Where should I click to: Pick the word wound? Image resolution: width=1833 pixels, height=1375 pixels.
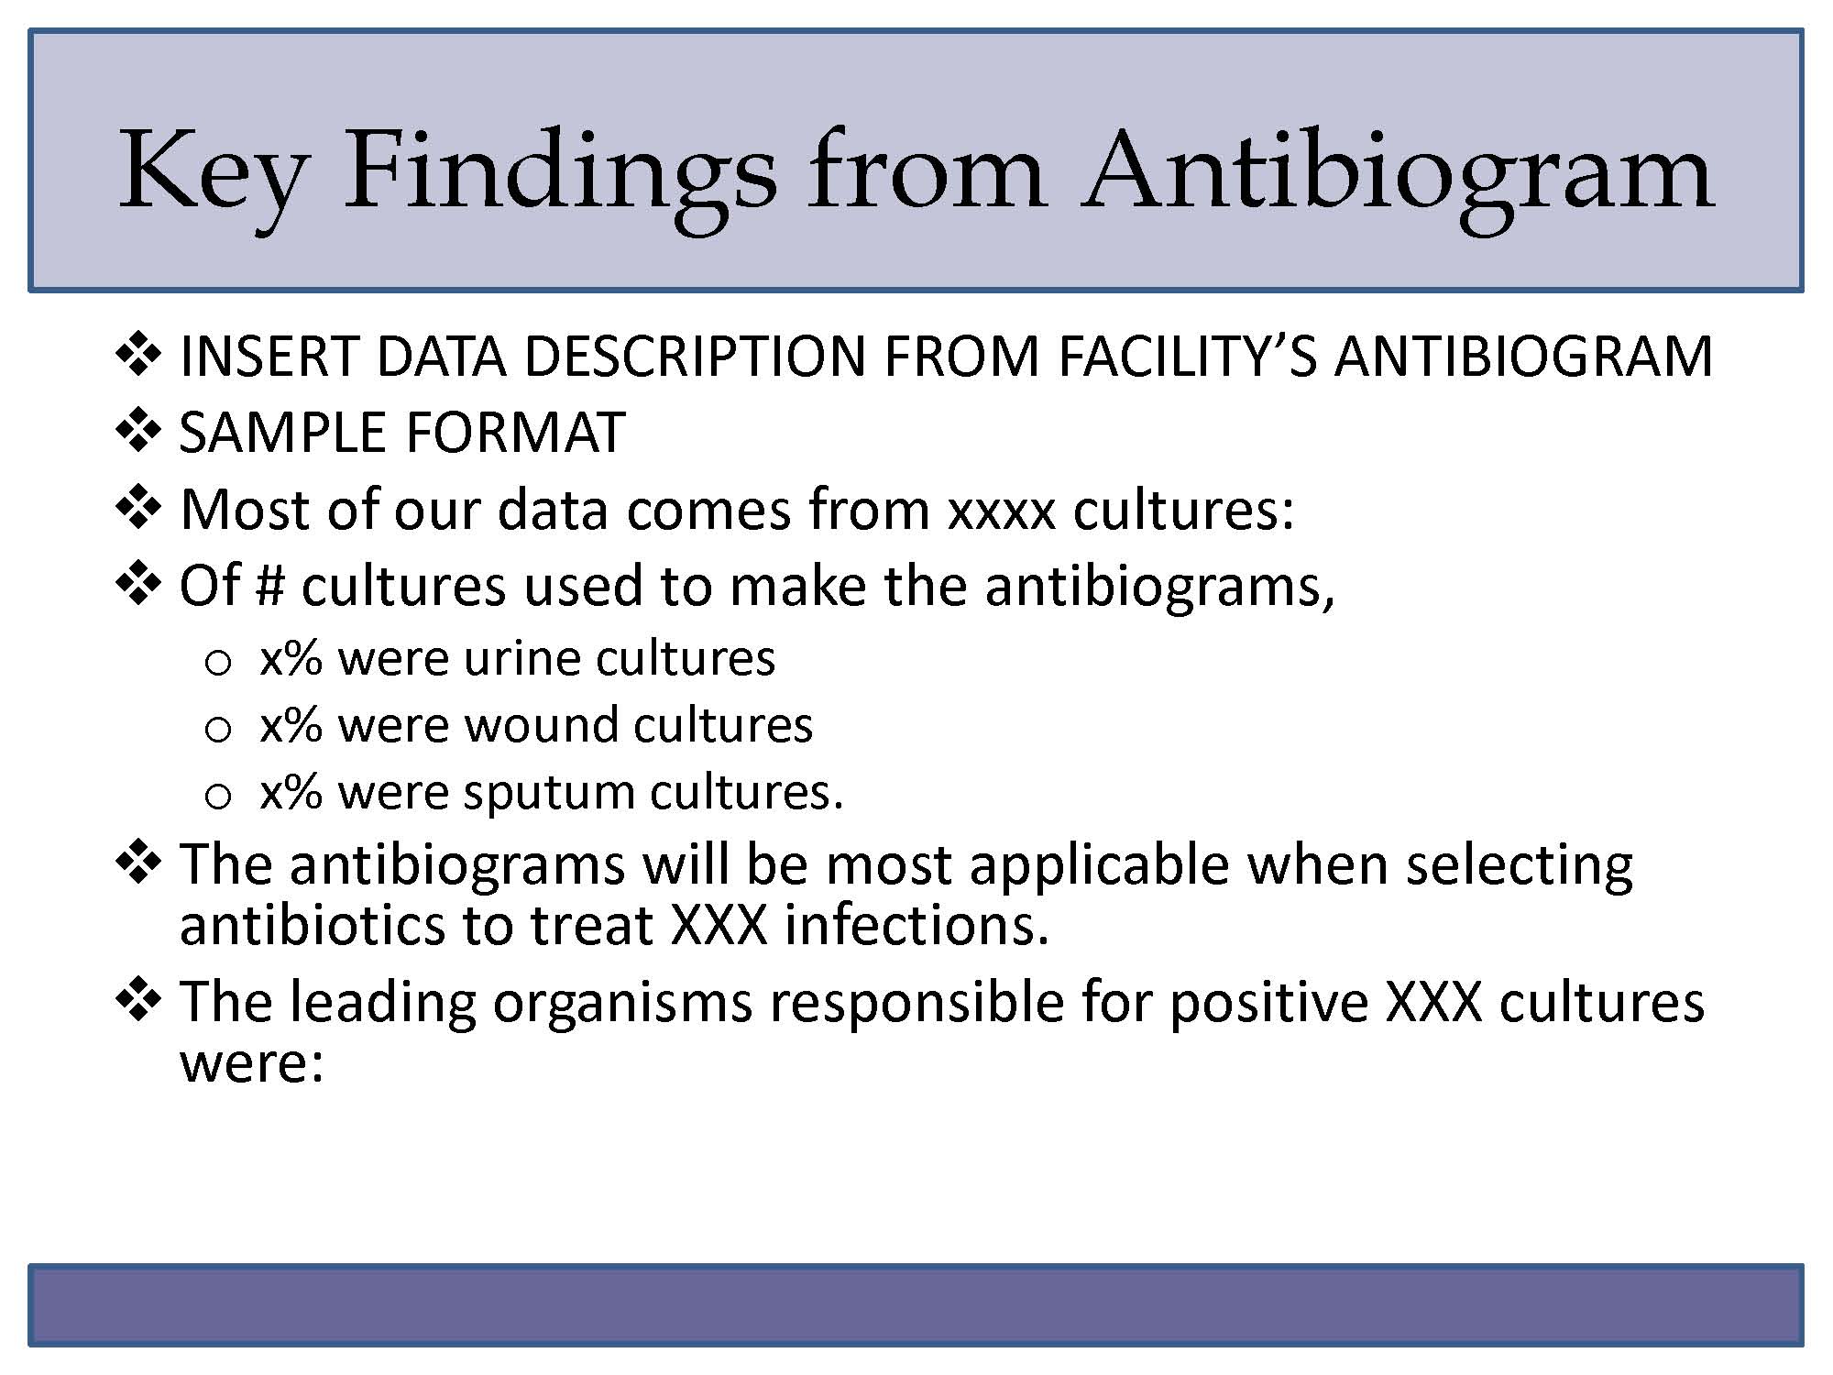pyautogui.click(x=542, y=725)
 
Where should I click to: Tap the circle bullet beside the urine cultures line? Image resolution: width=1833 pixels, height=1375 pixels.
pyautogui.click(x=218, y=663)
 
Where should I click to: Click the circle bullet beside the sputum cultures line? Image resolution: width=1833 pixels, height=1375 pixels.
pyautogui.click(x=218, y=796)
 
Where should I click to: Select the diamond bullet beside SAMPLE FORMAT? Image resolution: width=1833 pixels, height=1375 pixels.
pyautogui.click(x=138, y=431)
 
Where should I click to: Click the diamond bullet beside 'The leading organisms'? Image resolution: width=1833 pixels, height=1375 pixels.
pyautogui.click(x=138, y=999)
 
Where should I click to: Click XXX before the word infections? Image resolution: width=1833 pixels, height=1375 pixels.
pyautogui.click(x=719, y=925)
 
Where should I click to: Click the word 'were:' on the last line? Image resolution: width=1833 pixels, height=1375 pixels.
pyautogui.click(x=252, y=1063)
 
